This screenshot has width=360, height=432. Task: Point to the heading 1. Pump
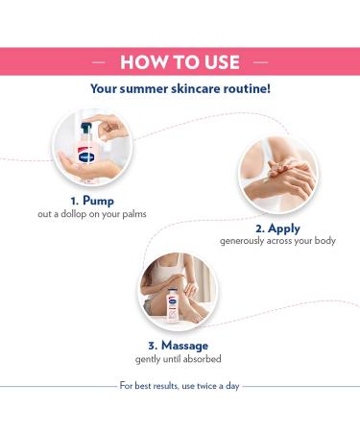click(92, 201)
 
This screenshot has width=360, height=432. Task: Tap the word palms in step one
click(134, 214)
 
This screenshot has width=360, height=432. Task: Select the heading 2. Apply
click(277, 228)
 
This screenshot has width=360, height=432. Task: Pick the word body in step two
click(325, 240)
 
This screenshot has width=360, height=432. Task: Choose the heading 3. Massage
click(179, 346)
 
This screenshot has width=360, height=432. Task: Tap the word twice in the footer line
click(207, 386)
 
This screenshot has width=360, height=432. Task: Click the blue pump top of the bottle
click(85, 128)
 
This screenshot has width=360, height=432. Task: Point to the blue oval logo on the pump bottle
click(86, 157)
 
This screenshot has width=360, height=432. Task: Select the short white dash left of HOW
click(99, 62)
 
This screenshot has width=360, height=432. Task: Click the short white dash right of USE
click(261, 62)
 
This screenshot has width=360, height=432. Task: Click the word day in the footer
click(232, 386)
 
